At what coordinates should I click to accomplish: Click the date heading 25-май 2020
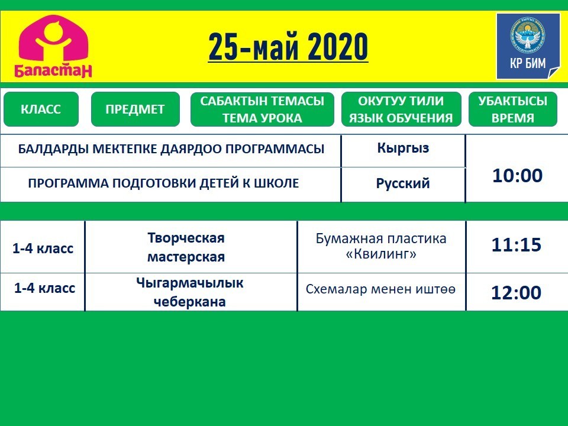coord(288,47)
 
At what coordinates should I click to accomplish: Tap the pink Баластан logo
coord(53,46)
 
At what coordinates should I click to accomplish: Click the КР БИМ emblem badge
coord(528,46)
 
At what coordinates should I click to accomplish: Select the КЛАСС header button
coord(41,109)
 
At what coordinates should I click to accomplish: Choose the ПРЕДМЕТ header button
coord(135,109)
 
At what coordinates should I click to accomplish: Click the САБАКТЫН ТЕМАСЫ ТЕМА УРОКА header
coord(262,109)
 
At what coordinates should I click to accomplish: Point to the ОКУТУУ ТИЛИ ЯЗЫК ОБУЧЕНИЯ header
coord(401,109)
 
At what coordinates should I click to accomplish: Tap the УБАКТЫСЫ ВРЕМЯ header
coord(512,109)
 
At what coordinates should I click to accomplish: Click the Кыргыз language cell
coord(403,148)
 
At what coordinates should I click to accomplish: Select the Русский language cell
coord(403,183)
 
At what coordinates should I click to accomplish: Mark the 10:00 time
coord(517,175)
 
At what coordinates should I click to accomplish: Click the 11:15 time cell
coord(516,245)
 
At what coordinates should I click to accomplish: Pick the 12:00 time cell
coord(516,292)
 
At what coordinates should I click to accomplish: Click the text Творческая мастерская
coord(186,247)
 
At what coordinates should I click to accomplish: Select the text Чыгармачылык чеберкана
coord(189,292)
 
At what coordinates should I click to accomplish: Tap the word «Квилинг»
coord(381,254)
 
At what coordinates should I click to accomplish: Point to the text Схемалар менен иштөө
coord(380,289)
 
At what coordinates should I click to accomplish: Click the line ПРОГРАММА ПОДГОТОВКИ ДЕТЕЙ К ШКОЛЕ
coord(163,183)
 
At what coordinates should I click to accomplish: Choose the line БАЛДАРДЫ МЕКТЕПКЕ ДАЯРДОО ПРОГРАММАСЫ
coord(171,149)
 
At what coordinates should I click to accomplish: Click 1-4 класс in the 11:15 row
coord(43,248)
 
